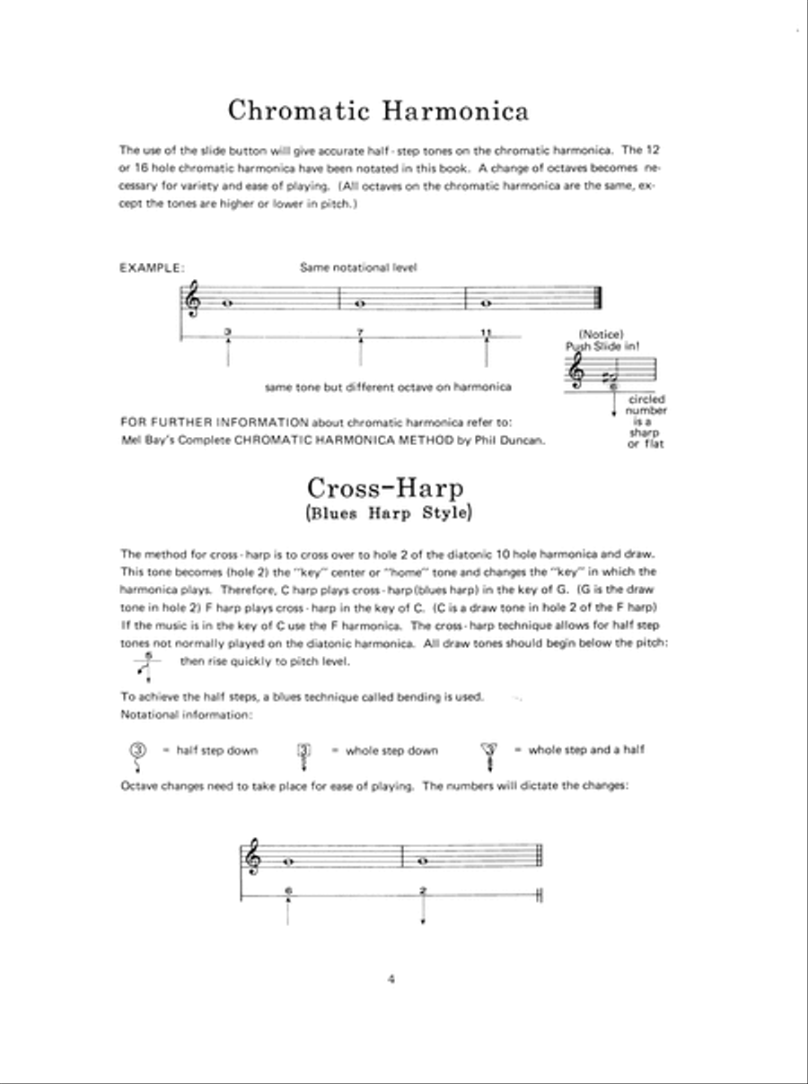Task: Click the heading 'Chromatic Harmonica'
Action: point(378,110)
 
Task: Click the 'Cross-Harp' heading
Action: point(385,488)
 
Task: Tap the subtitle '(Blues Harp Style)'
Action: point(386,514)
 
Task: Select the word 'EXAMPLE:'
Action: point(152,267)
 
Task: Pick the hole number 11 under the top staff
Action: point(487,333)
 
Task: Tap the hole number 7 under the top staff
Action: point(359,333)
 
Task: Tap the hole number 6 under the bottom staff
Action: point(287,890)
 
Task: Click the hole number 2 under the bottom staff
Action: point(423,890)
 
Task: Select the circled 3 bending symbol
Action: point(137,750)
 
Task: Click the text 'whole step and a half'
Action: point(585,749)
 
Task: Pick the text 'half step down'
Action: point(216,750)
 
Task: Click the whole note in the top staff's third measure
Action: point(486,303)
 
